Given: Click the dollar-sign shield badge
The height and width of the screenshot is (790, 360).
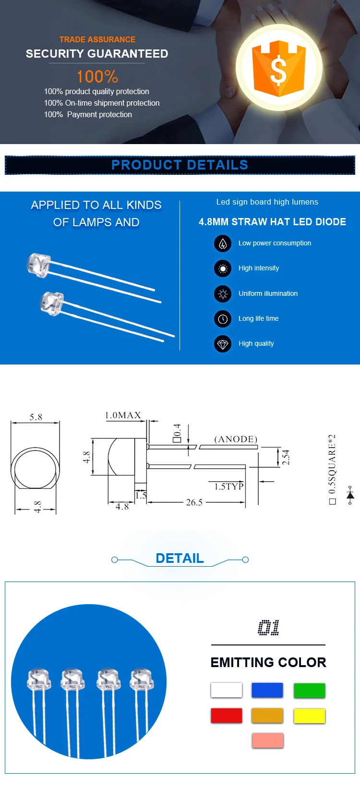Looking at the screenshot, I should [279, 68].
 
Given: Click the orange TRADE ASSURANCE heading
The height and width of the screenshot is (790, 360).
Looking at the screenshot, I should [97, 39].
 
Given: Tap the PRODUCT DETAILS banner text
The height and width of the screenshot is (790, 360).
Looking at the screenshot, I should [180, 165].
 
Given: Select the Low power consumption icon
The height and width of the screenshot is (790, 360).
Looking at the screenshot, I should [223, 243].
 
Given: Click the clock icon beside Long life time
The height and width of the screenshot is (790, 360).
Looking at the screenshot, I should [223, 318].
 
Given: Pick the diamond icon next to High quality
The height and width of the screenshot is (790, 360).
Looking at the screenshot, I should [223, 344].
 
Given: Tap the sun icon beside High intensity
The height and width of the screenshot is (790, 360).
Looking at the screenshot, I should [223, 268].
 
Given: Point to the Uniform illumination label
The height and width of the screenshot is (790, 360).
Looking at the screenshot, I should [268, 293].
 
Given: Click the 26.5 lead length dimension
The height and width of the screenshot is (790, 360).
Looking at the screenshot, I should [194, 502].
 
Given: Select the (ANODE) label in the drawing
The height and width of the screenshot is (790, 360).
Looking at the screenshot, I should [236, 439].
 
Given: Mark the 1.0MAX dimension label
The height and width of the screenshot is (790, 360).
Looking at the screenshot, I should [123, 415].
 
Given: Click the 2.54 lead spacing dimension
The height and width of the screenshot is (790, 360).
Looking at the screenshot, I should [286, 457].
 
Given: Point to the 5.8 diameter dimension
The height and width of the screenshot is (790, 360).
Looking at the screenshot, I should [36, 417].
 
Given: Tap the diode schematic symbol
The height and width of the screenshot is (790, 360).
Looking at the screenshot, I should [350, 495].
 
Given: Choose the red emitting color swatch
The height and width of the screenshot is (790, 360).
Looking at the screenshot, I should [226, 716].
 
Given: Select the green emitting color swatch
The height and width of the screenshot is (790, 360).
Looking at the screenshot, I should [309, 691].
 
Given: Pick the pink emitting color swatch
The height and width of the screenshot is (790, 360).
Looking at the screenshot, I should [267, 741].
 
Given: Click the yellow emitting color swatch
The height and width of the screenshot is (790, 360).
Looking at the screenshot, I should [309, 716].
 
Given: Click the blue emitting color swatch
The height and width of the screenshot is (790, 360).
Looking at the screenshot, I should [267, 691].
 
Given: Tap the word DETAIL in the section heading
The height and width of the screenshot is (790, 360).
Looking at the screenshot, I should [180, 558].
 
